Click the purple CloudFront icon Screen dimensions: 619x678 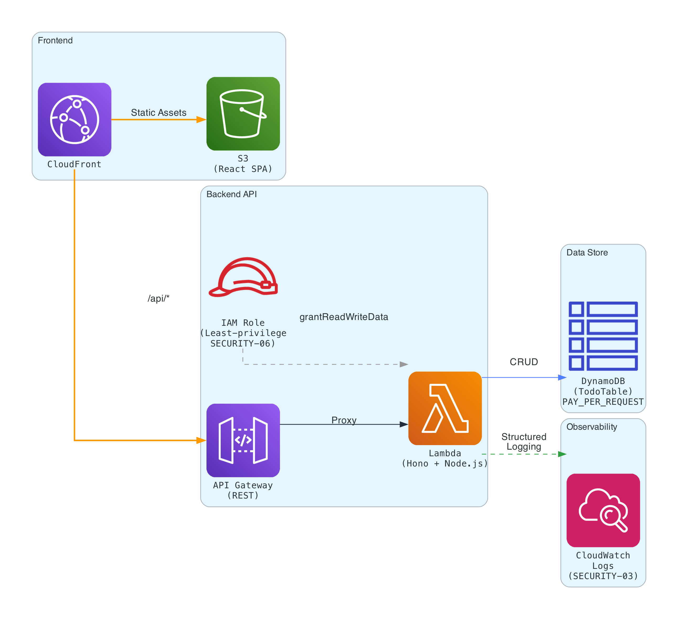[x=74, y=119]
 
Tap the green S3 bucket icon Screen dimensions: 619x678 [x=243, y=114]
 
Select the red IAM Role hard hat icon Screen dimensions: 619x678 [x=243, y=277]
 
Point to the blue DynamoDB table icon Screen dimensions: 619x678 [x=603, y=336]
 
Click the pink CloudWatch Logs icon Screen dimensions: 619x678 [x=603, y=510]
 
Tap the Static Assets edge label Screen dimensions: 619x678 [x=158, y=112]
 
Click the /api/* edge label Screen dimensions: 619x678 [x=158, y=298]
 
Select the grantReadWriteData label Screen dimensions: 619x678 [x=344, y=317]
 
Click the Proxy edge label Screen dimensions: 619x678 [x=344, y=420]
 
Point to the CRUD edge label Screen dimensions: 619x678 [x=524, y=362]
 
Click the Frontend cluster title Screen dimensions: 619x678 [x=55, y=40]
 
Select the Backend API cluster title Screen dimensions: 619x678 [x=231, y=194]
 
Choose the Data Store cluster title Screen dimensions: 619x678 [x=587, y=252]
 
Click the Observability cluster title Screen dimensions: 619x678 [x=592, y=427]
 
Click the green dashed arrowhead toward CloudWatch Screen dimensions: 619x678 [x=562, y=454]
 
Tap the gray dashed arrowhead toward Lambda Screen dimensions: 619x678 [x=404, y=364]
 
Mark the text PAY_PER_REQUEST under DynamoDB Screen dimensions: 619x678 [x=603, y=402]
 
